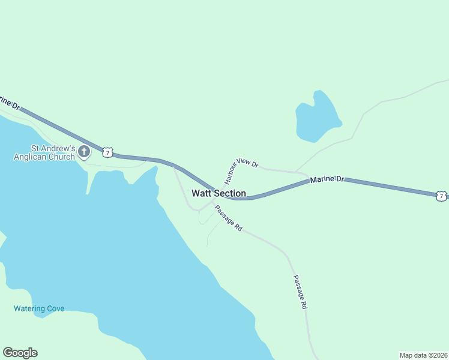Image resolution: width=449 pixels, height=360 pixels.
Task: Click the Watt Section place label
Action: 218,193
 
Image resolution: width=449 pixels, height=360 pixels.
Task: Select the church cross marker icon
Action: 84,152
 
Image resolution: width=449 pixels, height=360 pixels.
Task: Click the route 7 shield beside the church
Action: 107,152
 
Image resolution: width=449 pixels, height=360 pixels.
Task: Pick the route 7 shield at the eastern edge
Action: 441,196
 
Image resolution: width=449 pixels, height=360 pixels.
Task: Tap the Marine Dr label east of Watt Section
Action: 327,179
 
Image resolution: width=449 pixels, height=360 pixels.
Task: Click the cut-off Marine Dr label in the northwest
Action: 10,101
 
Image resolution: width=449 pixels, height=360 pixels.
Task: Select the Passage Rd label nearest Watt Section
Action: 228,219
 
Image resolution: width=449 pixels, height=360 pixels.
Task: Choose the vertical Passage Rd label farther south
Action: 300,292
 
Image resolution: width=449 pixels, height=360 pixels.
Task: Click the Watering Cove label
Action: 39,308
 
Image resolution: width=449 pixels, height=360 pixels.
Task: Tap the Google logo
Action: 20,353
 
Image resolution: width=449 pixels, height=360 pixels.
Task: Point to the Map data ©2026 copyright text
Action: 423,355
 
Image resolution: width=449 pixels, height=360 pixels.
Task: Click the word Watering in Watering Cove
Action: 29,308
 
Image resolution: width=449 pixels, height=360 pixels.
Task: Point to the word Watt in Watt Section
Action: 200,193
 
